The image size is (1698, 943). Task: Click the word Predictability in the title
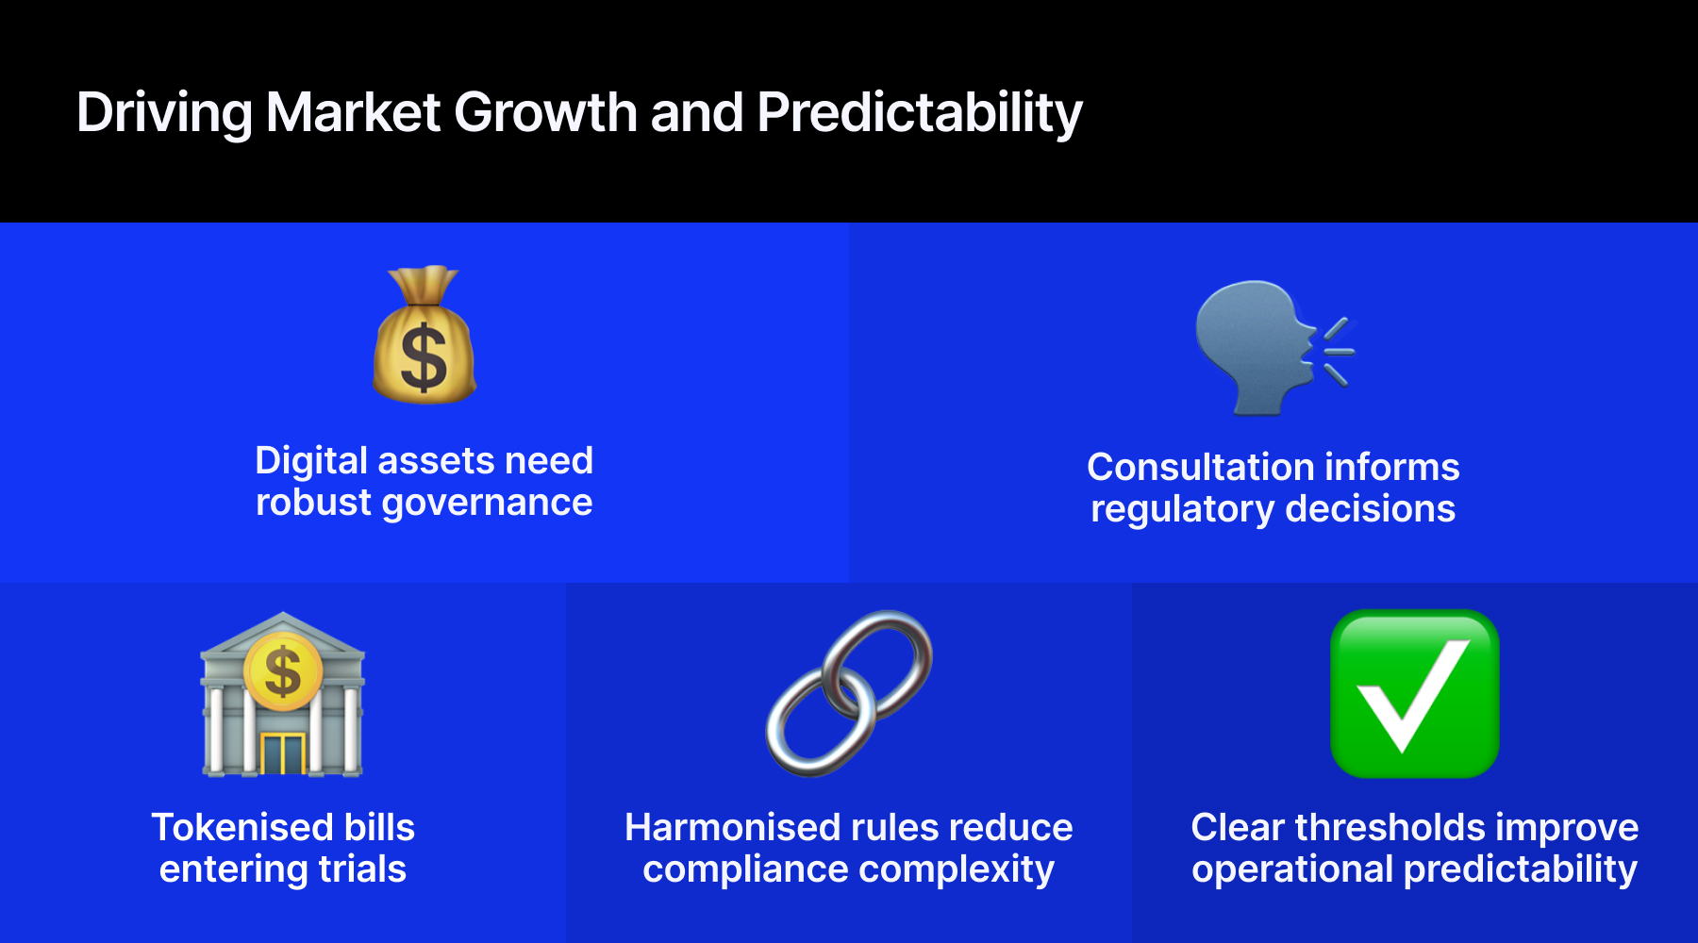click(x=920, y=113)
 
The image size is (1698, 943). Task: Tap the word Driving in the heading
click(x=164, y=113)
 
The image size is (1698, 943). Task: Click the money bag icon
click(x=424, y=335)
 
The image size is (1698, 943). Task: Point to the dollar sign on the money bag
click(x=424, y=357)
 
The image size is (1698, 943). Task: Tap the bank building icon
click(x=283, y=694)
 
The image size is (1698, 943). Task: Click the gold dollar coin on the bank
click(x=283, y=671)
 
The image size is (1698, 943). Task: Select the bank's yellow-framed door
click(x=283, y=753)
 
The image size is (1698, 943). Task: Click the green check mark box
click(x=1414, y=694)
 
